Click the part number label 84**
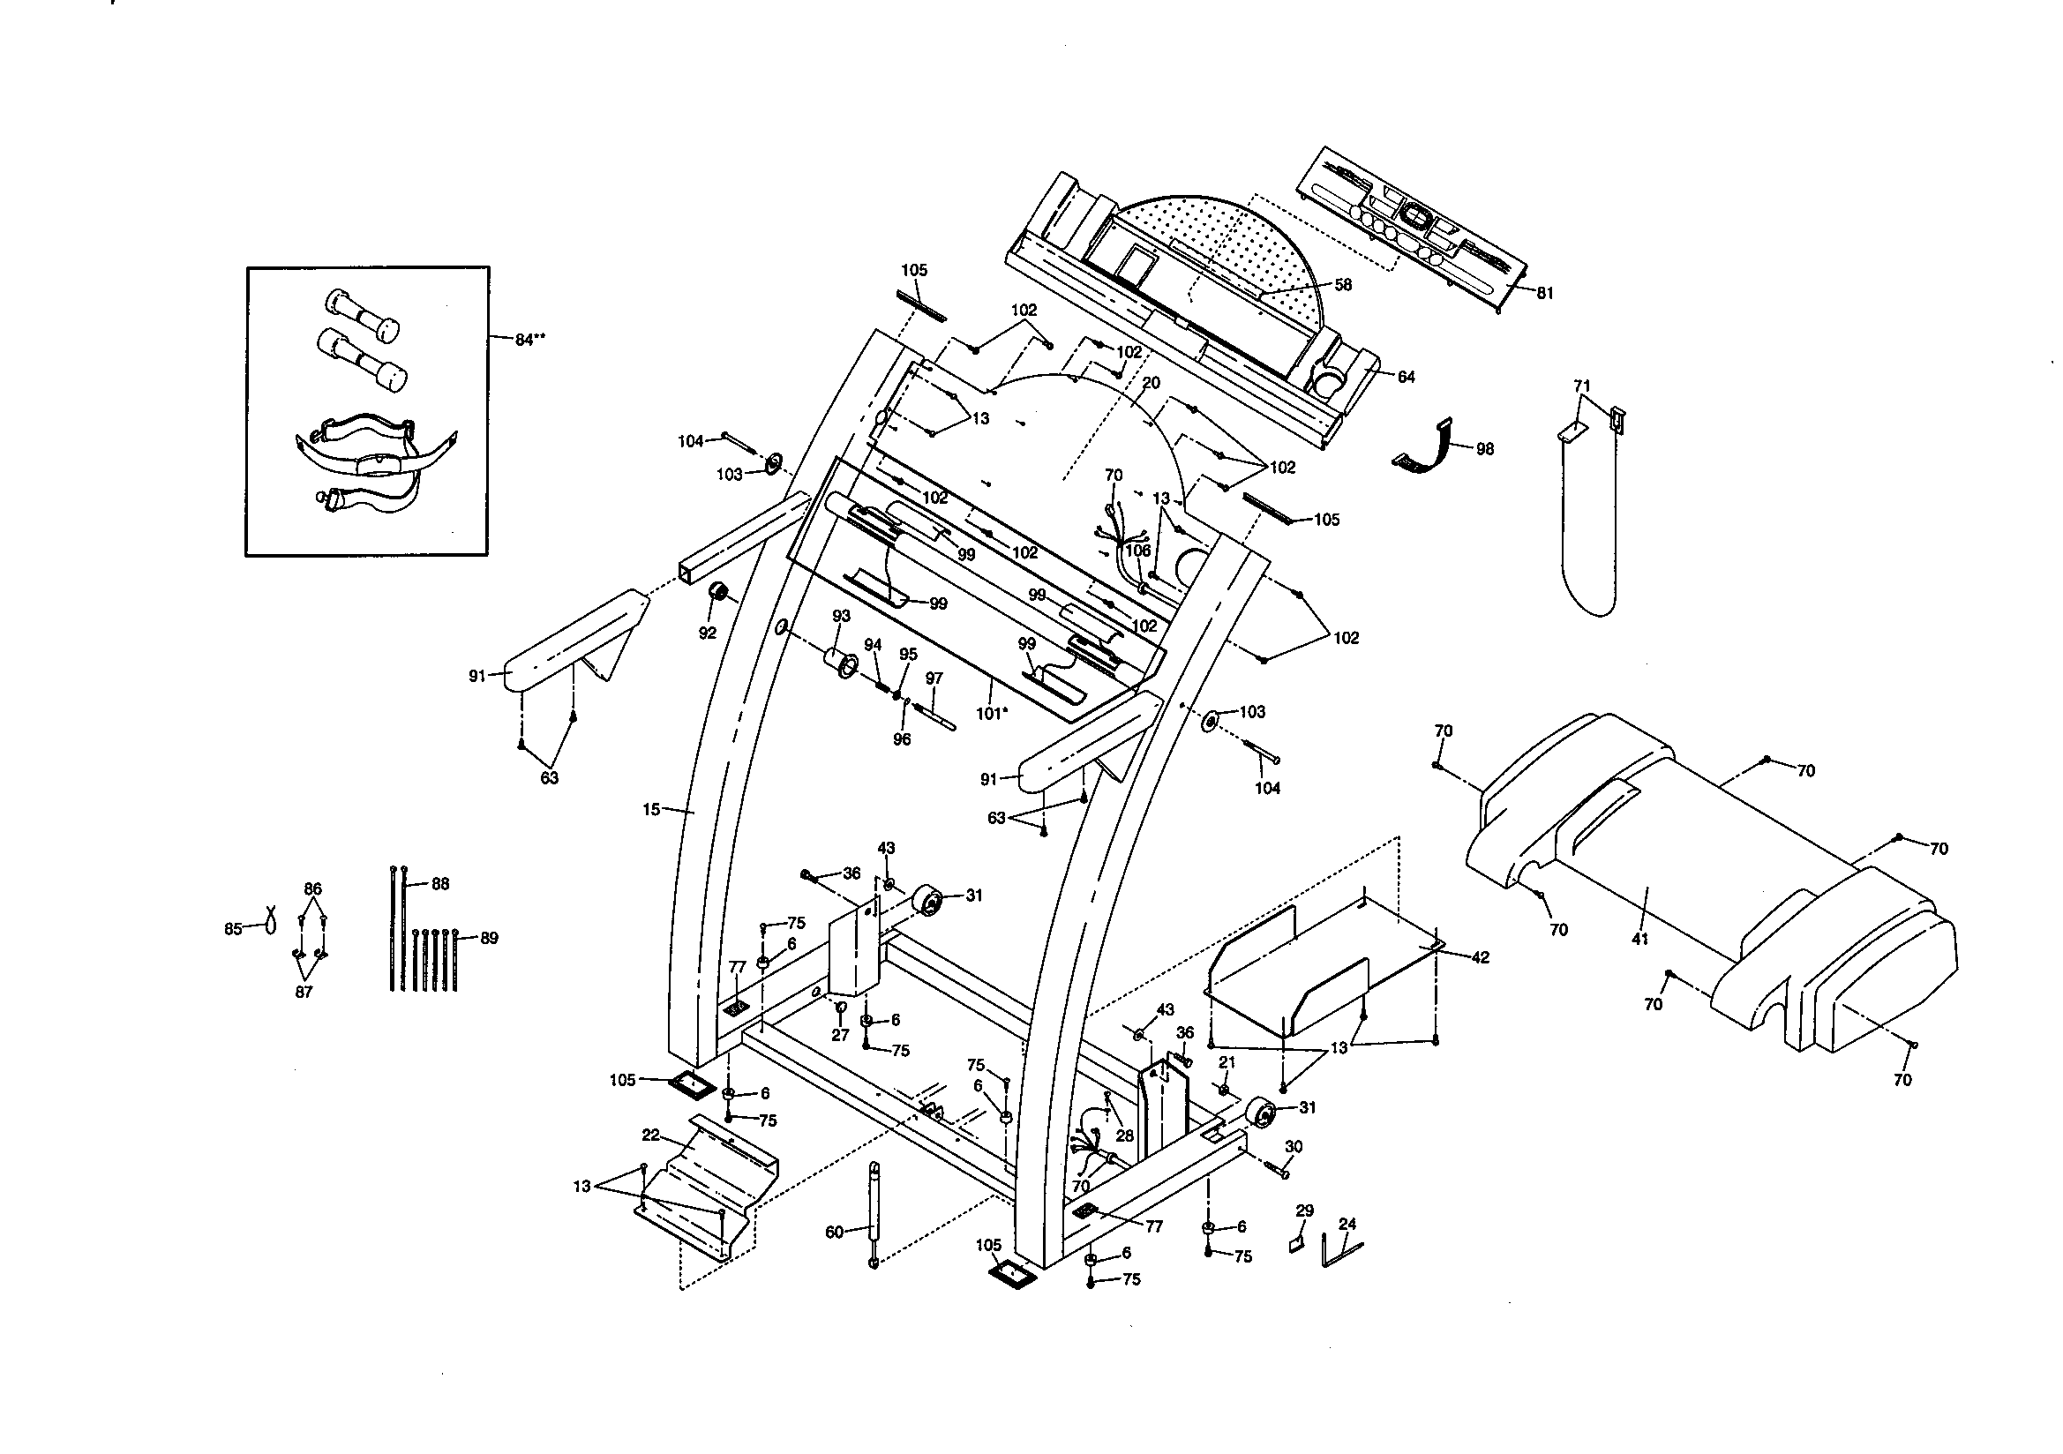coord(529,340)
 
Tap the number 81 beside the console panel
coord(1543,293)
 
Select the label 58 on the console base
coord(1342,285)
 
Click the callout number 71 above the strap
coord(1581,386)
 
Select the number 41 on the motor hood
coord(1639,939)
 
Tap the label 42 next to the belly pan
coord(1480,957)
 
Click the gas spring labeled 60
coord(874,1212)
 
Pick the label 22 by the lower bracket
coord(651,1135)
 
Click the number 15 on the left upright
coord(651,810)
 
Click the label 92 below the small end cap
coord(707,633)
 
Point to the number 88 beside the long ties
coord(439,884)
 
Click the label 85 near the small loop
coord(233,930)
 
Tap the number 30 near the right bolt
coord(1293,1147)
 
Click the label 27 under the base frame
coord(839,1035)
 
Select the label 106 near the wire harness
coord(1137,551)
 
